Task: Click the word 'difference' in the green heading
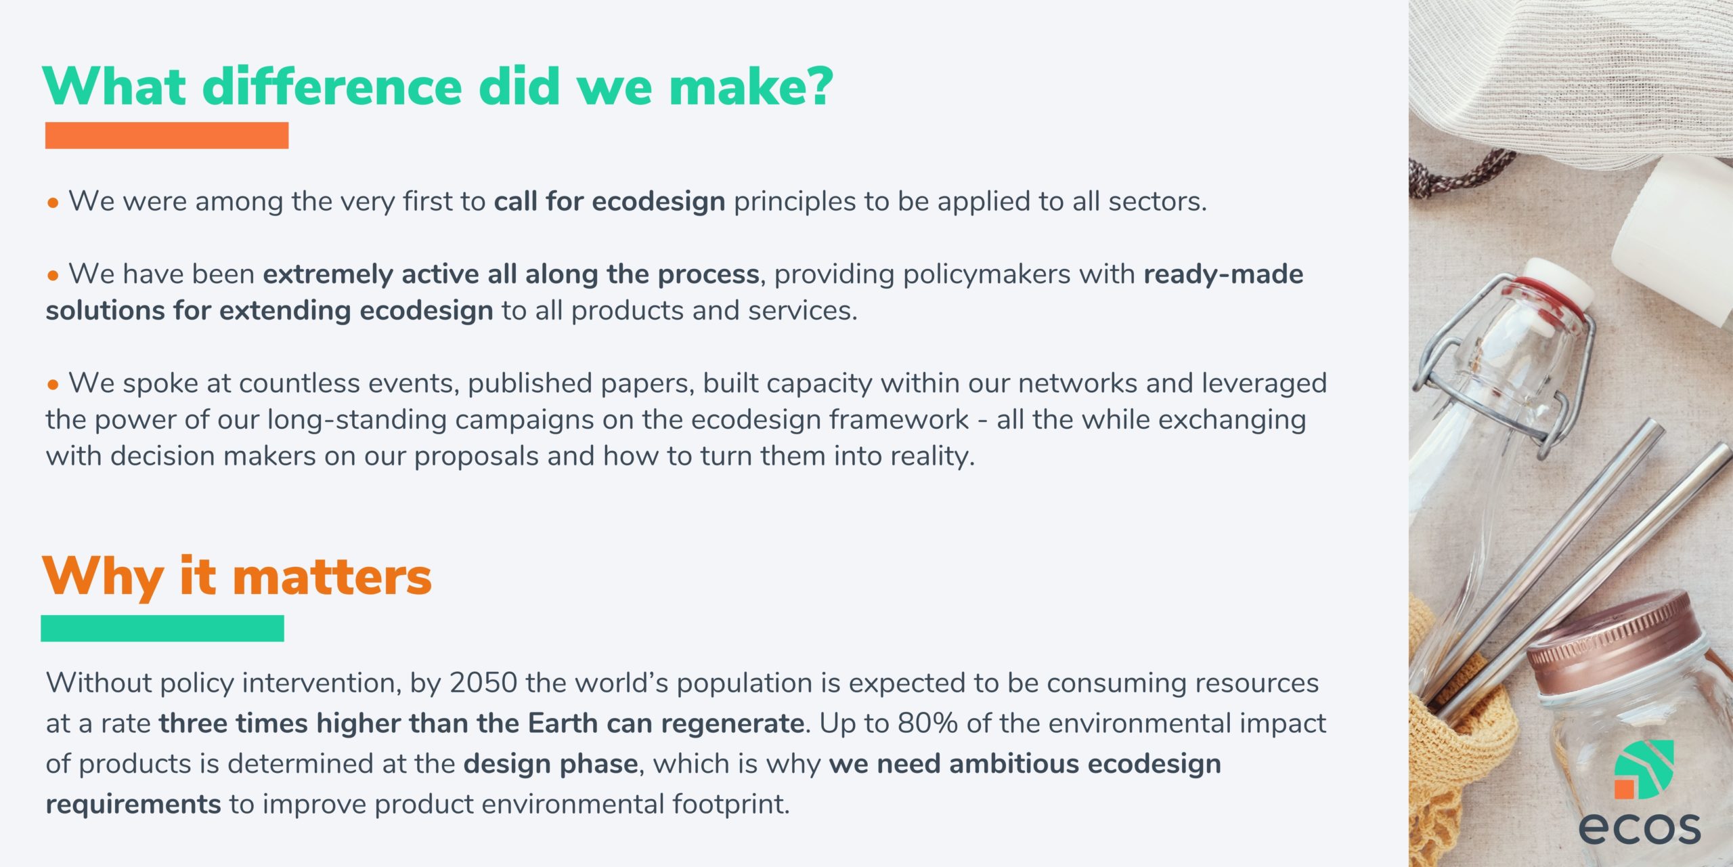click(x=332, y=87)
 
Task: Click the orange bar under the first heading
click(x=167, y=135)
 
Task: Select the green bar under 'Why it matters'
click(x=162, y=628)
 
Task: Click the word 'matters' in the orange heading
click(x=332, y=577)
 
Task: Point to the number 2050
click(x=483, y=683)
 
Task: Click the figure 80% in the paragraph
click(x=927, y=723)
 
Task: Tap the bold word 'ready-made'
click(x=1223, y=274)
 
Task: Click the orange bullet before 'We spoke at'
click(x=53, y=385)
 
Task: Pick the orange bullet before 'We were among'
click(x=53, y=203)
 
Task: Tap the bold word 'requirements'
click(x=133, y=805)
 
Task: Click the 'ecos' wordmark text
click(x=1640, y=827)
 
